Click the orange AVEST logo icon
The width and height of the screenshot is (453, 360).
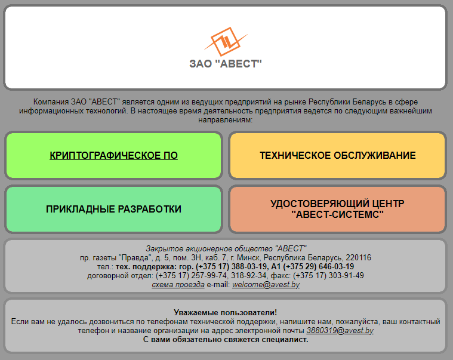click(x=226, y=42)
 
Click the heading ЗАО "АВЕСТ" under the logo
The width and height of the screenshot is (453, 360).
click(x=226, y=64)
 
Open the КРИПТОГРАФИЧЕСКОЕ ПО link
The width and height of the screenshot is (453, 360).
click(x=113, y=155)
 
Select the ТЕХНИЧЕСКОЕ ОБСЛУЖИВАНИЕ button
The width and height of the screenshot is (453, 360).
click(x=337, y=155)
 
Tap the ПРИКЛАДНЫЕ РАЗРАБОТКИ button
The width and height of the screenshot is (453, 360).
click(x=113, y=209)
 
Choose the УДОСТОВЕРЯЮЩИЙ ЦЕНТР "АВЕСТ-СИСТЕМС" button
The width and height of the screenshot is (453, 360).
click(x=337, y=209)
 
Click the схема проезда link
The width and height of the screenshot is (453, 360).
click(x=178, y=285)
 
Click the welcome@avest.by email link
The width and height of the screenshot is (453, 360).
click(x=266, y=285)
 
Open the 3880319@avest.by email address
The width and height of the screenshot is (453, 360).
click(x=340, y=331)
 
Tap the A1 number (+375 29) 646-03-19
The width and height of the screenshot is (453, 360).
click(x=318, y=267)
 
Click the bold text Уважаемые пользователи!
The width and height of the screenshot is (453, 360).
click(x=226, y=313)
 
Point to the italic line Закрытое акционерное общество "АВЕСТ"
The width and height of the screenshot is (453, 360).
click(x=226, y=249)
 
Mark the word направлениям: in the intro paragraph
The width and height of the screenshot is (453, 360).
click(x=226, y=120)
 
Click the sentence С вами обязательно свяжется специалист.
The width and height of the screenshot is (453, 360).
click(x=226, y=340)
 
